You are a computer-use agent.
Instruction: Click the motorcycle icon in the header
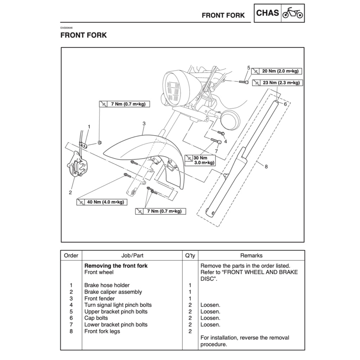(x=292, y=13)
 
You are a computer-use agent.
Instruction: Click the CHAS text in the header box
(x=267, y=13)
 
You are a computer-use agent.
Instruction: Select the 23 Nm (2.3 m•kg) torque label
(x=277, y=83)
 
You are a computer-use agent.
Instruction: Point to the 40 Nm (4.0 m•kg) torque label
(x=102, y=202)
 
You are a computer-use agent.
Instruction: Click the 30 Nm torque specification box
(x=200, y=160)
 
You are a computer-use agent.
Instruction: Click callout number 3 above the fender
(x=144, y=123)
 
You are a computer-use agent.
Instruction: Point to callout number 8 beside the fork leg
(x=266, y=167)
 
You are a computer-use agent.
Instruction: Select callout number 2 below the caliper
(x=70, y=192)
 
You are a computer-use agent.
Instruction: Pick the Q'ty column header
(x=190, y=256)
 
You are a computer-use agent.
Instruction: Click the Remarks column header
(x=251, y=256)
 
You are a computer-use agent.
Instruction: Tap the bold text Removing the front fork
(x=116, y=266)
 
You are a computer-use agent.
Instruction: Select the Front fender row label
(x=99, y=298)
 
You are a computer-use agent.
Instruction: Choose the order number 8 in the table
(x=71, y=331)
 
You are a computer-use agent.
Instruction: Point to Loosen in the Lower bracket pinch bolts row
(x=210, y=325)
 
